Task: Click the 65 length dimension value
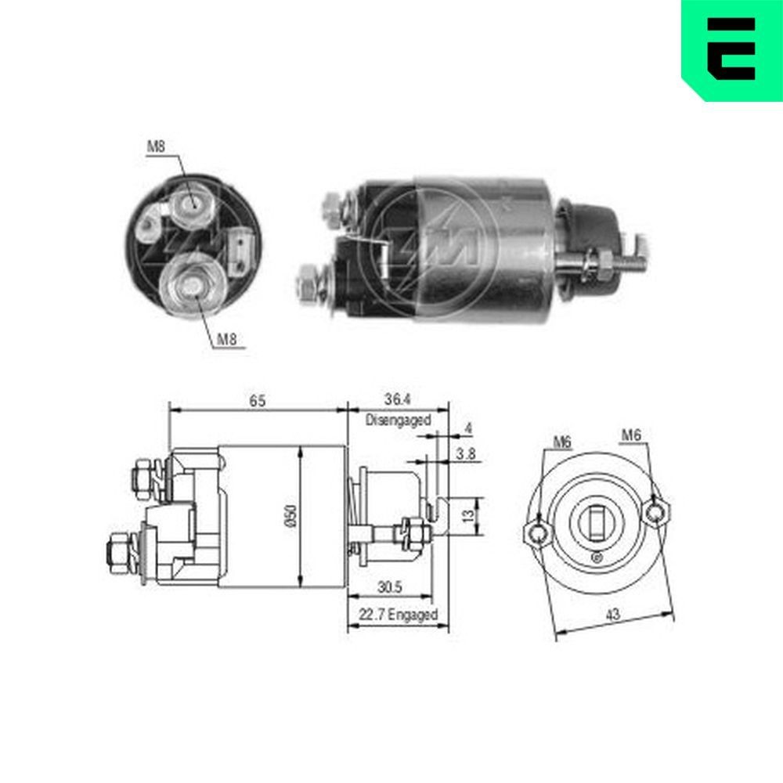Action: [258, 400]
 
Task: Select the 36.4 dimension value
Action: [398, 400]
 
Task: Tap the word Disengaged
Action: [398, 420]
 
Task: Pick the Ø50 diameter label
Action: [290, 516]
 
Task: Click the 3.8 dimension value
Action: [467, 453]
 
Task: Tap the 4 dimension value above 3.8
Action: [468, 428]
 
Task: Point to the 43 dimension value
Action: [613, 615]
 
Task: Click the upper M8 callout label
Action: [157, 146]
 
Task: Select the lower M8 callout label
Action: [226, 339]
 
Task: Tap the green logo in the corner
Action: [732, 49]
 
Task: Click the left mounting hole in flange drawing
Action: [536, 533]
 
